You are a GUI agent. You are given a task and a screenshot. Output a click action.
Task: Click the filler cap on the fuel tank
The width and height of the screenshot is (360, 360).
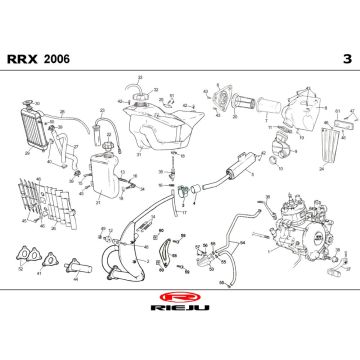(141, 92)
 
